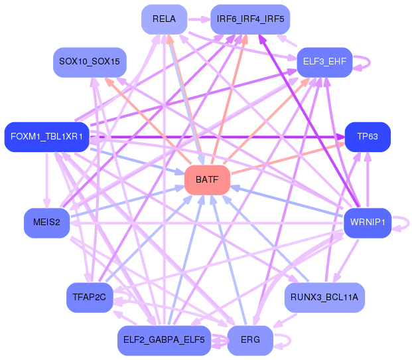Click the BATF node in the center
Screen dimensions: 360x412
click(208, 180)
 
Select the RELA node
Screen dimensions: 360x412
click(164, 19)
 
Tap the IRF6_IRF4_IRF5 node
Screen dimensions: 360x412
click(250, 19)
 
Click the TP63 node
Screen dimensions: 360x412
click(367, 137)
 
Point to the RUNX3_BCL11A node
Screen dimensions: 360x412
click(325, 298)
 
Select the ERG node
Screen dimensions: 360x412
click(250, 340)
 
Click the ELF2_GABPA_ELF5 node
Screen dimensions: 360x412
click(164, 340)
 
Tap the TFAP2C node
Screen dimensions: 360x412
click(90, 297)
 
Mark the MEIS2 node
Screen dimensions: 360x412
click(46, 222)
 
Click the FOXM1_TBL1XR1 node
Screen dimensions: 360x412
click(46, 137)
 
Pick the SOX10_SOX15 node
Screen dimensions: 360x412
click(90, 61)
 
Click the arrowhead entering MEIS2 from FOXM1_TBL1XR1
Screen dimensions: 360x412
click(46, 203)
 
